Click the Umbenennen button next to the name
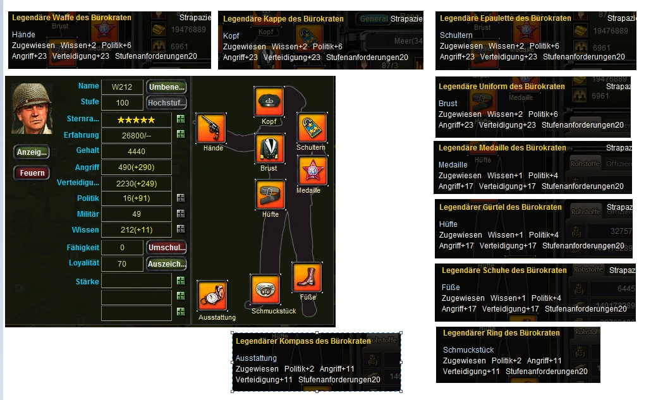click(166, 87)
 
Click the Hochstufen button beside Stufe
click(166, 102)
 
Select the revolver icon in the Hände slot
click(211, 129)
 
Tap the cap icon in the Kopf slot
click(269, 102)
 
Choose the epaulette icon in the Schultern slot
click(312, 128)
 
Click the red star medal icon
click(312, 171)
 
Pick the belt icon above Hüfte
click(270, 194)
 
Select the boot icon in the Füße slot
click(307, 277)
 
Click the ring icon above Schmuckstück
click(265, 289)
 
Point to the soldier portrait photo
click(32, 108)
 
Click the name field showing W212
click(123, 87)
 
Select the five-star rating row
click(136, 119)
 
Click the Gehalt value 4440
click(136, 152)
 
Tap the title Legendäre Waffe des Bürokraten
click(71, 18)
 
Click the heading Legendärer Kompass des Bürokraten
click(303, 341)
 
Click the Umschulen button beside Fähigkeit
click(166, 248)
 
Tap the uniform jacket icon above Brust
click(270, 148)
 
